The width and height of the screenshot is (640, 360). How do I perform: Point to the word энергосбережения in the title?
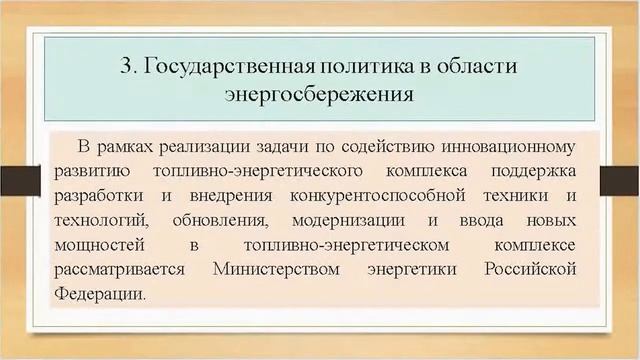tap(320, 96)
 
